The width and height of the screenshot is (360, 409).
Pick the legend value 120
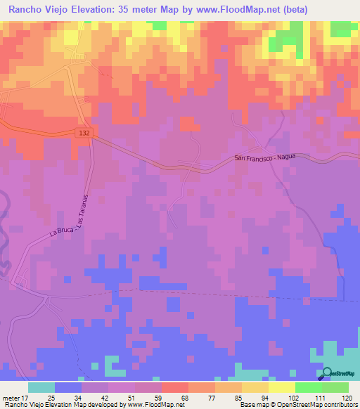coord(340,397)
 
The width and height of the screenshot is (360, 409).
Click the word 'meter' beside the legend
coord(9,397)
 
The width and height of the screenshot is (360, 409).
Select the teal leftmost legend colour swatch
coord(41,387)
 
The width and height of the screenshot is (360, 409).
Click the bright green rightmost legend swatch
coord(335,387)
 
